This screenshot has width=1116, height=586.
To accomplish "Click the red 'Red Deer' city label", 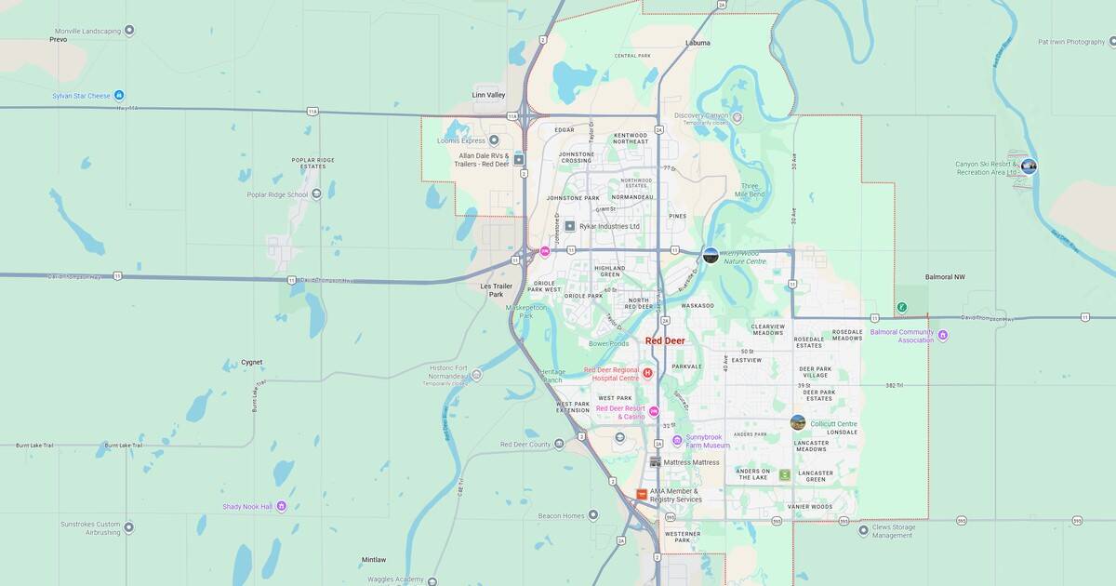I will pyautogui.click(x=665, y=341).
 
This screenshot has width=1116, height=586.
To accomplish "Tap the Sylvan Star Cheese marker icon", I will pyautogui.click(x=119, y=96).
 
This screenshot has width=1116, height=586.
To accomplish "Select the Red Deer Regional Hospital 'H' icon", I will pyautogui.click(x=647, y=373).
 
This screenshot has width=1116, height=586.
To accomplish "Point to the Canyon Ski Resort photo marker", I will pyautogui.click(x=1029, y=166).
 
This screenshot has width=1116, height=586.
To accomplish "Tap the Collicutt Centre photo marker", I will pyautogui.click(x=798, y=422).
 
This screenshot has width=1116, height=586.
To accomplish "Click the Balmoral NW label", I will pyautogui.click(x=945, y=277).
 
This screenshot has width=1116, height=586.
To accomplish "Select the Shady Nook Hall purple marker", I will pyautogui.click(x=282, y=506).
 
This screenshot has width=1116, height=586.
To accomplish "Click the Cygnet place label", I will pyautogui.click(x=252, y=362).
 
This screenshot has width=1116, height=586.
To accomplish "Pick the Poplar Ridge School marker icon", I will pyautogui.click(x=317, y=194).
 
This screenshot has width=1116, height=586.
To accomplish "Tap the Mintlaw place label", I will pyautogui.click(x=374, y=560).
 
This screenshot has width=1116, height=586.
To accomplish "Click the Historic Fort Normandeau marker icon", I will pyautogui.click(x=476, y=375).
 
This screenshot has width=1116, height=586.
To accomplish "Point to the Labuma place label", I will pyautogui.click(x=697, y=43).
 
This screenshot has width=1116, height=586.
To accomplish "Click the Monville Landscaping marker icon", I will pyautogui.click(x=129, y=31).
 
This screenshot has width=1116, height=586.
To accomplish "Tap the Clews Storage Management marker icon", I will pyautogui.click(x=863, y=530).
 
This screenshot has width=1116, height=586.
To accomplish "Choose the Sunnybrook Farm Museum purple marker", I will pyautogui.click(x=677, y=440).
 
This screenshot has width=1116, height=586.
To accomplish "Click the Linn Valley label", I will pyautogui.click(x=488, y=95).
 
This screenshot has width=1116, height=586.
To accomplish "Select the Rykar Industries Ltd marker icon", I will pyautogui.click(x=570, y=226).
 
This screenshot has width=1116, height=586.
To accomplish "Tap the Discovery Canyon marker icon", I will pyautogui.click(x=737, y=117).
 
